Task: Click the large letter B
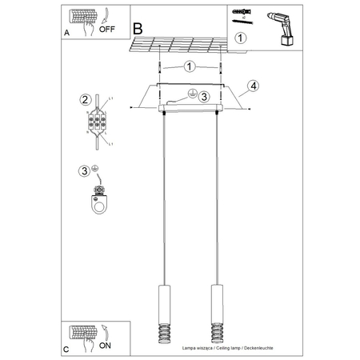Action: tap(138, 28)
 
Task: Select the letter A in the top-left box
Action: tap(66, 35)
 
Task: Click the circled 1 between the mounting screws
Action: tap(190, 67)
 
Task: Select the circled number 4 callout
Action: tap(253, 85)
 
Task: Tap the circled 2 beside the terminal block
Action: tap(84, 100)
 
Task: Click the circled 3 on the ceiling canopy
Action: tap(203, 96)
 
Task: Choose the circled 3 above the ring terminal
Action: tap(84, 170)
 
